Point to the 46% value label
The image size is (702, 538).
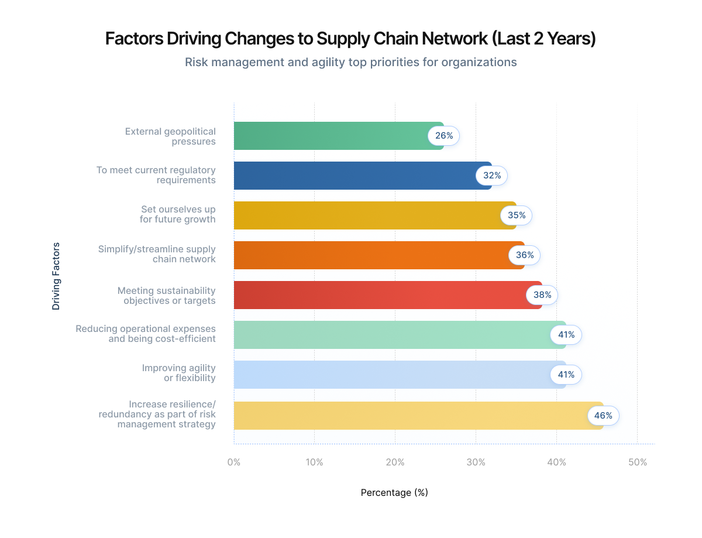coord(603,416)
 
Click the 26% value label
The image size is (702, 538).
coord(444,136)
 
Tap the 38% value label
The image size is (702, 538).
coord(542,295)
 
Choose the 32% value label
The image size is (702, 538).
coord(491,176)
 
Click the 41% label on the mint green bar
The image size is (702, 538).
coord(566,335)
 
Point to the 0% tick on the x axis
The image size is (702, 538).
coord(234,462)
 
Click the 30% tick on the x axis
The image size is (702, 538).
coord(476,462)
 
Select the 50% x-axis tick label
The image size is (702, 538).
coord(637,462)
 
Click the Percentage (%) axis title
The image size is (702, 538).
coord(394,493)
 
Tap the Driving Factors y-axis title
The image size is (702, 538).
coord(56,276)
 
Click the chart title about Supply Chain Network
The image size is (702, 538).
coord(350,39)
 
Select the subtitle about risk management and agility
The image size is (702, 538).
coord(350,62)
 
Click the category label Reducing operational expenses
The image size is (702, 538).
coord(146,334)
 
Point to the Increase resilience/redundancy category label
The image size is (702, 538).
coord(157,414)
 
